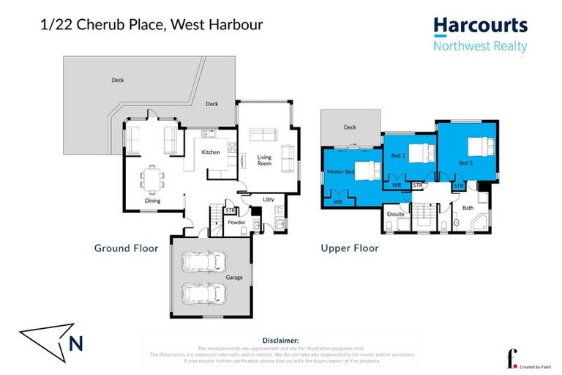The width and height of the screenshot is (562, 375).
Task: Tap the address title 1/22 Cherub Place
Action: tap(150, 25)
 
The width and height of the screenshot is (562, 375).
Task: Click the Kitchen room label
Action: tap(211, 152)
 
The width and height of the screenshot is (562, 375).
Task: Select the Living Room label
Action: tap(264, 160)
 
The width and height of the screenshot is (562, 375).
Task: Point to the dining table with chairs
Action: tap(153, 177)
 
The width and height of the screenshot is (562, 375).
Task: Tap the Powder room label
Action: tap(236, 222)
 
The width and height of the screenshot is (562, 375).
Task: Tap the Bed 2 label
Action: tap(398, 156)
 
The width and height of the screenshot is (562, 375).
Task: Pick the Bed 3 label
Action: tap(466, 162)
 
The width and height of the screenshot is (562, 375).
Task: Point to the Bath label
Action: tap(468, 208)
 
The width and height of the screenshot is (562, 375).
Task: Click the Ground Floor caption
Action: tap(126, 248)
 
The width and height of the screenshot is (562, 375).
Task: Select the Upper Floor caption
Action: tap(349, 248)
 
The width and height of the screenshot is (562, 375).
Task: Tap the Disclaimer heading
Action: tap(280, 341)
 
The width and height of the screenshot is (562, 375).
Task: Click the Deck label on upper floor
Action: tap(350, 127)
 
